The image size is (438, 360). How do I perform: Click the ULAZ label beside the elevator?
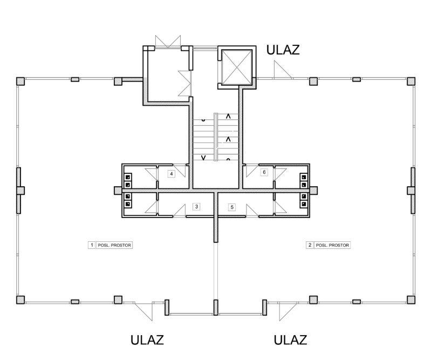pos(283,50)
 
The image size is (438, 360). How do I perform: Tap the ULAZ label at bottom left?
pos(147,340)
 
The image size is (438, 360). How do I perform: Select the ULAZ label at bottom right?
pos(291,340)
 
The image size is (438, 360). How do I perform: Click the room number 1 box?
pos(92,245)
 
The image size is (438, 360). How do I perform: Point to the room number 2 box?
pos(310,245)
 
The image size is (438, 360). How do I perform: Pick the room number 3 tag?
pos(197,207)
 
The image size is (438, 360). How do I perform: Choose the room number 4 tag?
pos(171,174)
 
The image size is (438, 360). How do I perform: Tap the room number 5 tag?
pos(232,207)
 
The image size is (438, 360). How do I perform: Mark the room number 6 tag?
pos(264,172)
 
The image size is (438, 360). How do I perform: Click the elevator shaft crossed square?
pos(237,67)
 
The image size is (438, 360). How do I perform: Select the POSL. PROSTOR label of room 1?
pos(114,245)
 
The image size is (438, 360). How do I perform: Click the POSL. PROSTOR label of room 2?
pos(332,245)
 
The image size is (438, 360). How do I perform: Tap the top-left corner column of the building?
pos(20,81)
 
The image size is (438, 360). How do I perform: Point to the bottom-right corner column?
pos(411,300)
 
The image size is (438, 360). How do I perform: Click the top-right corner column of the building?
pos(411,81)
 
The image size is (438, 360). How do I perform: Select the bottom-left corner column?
pos(20,300)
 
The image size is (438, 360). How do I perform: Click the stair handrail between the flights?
pos(216,137)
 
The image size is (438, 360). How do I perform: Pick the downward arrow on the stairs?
pos(204,158)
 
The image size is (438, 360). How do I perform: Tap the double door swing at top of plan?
pos(168,42)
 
